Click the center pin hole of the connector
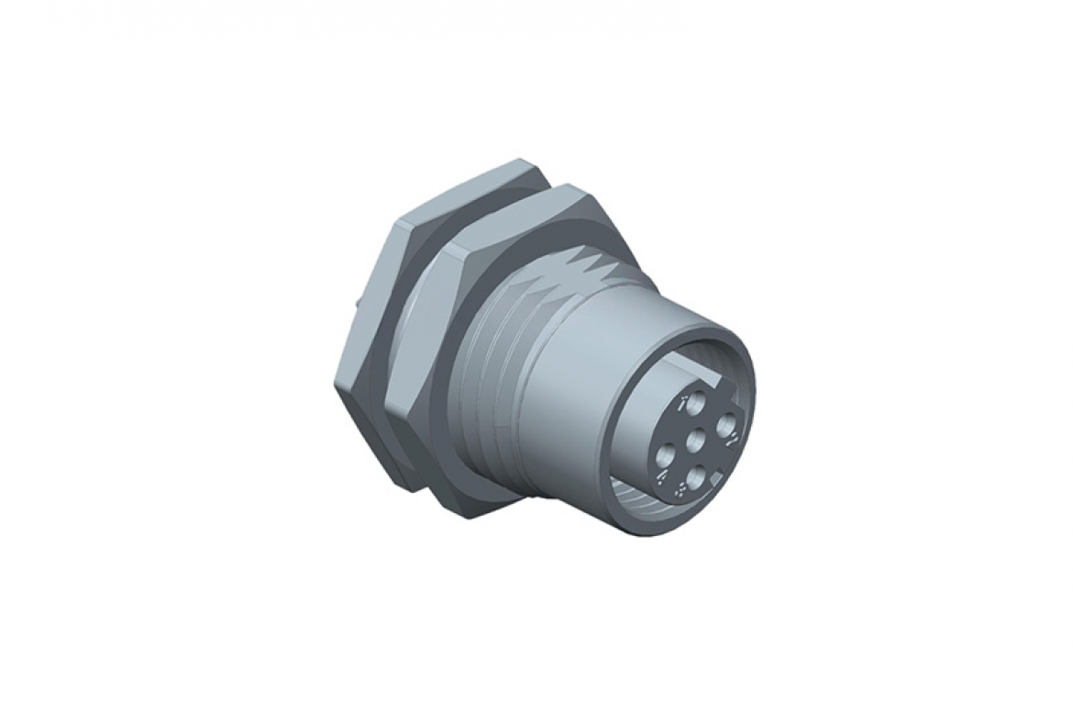[x=696, y=441]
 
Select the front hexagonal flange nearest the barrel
[x=431, y=367]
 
